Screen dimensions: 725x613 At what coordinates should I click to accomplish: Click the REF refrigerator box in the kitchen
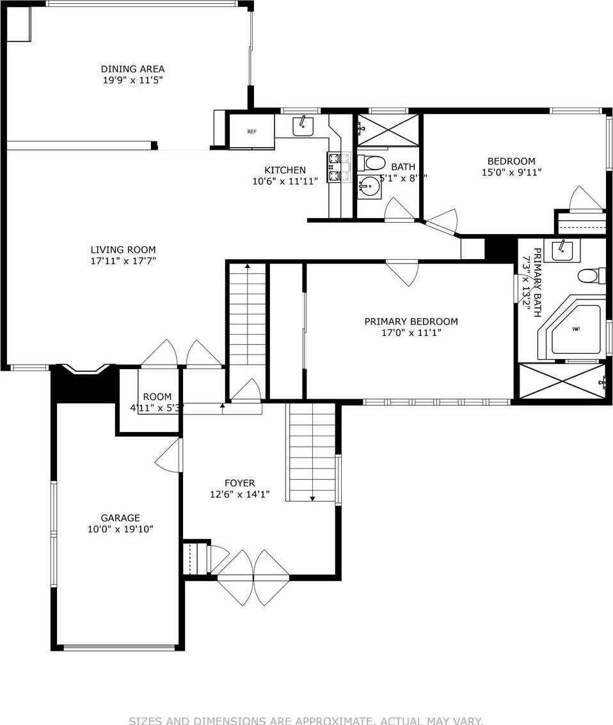coord(251,132)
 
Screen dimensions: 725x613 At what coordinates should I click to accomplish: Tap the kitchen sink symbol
coord(303,126)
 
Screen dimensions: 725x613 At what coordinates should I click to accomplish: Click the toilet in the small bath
coord(374,162)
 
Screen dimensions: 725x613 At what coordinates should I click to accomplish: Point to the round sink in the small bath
coord(369,187)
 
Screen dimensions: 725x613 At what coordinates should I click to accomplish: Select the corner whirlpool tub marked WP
coord(576,329)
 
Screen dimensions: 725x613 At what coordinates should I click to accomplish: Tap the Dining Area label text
coord(132,69)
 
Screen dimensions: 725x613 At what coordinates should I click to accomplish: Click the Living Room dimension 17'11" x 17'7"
coord(123,260)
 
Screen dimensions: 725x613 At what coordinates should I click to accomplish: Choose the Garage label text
coord(120,518)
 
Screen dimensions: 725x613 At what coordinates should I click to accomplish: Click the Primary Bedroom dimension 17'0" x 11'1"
coord(411,333)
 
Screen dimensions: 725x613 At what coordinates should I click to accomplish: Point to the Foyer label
coord(240,483)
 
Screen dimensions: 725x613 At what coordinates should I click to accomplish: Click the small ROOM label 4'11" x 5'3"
coord(157,402)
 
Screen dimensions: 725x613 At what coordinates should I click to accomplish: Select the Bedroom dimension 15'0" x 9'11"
coord(511,172)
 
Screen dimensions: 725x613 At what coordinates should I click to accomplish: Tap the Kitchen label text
coord(285,170)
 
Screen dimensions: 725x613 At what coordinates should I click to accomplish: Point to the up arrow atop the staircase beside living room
coord(246,267)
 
